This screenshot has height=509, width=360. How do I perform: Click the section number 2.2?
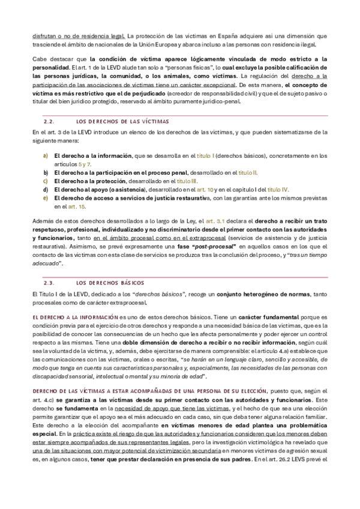click(49, 121)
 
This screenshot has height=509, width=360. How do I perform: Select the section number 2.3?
click(49, 282)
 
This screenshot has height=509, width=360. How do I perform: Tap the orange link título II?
click(248, 172)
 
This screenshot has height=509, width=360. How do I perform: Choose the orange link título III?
click(187, 181)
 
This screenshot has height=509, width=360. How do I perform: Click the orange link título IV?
click(278, 189)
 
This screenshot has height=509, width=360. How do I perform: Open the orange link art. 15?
click(76, 206)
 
